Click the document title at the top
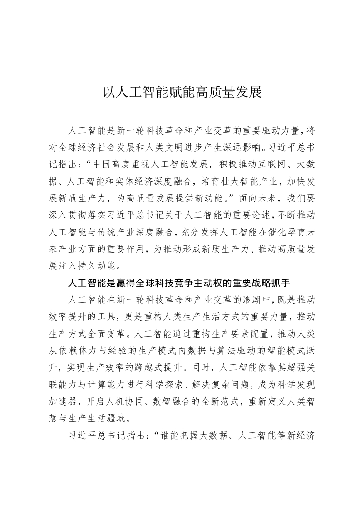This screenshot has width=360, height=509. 180,93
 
